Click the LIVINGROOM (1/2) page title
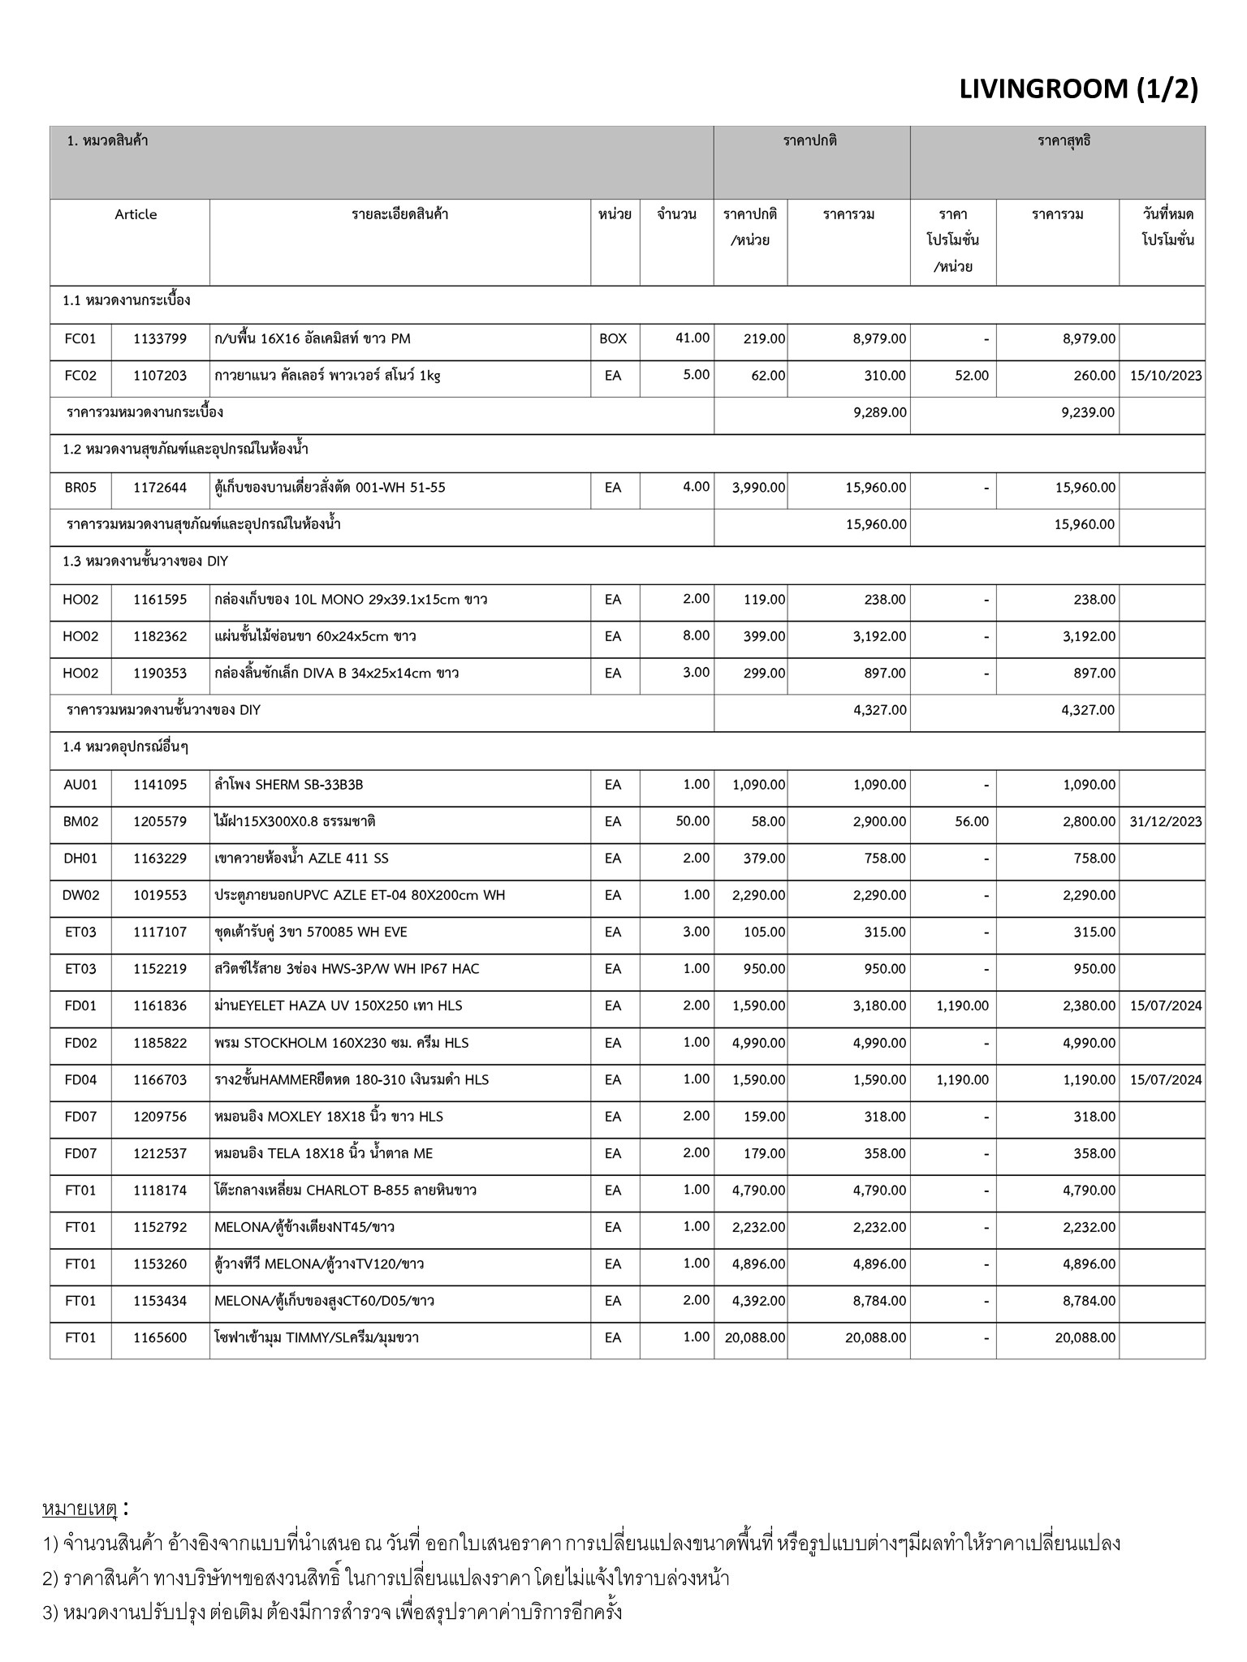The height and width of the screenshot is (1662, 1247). (x=1078, y=88)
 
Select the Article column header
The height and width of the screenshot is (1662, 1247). (x=136, y=214)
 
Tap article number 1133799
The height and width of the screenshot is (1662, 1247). (x=160, y=338)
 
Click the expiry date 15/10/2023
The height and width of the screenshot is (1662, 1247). (x=1165, y=376)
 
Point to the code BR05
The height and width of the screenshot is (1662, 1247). (x=80, y=488)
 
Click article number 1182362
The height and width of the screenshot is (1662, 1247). (x=160, y=636)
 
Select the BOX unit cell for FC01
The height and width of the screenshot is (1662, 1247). (x=613, y=338)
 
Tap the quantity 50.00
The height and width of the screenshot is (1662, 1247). (x=693, y=821)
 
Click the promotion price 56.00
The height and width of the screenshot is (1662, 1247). (x=972, y=821)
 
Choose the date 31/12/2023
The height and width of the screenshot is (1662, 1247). (x=1165, y=821)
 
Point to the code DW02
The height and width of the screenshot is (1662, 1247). (x=80, y=895)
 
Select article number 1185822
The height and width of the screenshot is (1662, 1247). (x=160, y=1043)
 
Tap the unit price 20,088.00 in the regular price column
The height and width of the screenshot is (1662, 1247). (x=752, y=1337)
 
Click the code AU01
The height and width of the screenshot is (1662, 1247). (x=80, y=785)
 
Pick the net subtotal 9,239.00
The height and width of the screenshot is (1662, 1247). (x=1088, y=412)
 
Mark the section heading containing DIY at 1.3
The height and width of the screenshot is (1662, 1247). (x=145, y=562)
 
